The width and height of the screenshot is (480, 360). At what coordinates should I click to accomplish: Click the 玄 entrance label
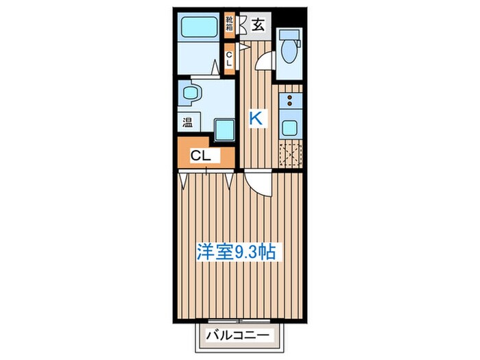pyautogui.click(x=258, y=25)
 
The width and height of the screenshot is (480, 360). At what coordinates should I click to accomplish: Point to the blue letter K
pyautogui.click(x=255, y=119)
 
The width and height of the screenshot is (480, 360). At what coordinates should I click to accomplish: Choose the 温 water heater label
pyautogui.click(x=187, y=123)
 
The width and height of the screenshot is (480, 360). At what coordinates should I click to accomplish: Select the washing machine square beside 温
pyautogui.click(x=224, y=128)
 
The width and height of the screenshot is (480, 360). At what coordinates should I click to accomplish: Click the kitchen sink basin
pyautogui.click(x=289, y=127)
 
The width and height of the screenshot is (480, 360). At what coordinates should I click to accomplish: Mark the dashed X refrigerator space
pyautogui.click(x=289, y=156)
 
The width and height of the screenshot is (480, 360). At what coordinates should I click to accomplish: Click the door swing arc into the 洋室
pyautogui.click(x=259, y=182)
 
